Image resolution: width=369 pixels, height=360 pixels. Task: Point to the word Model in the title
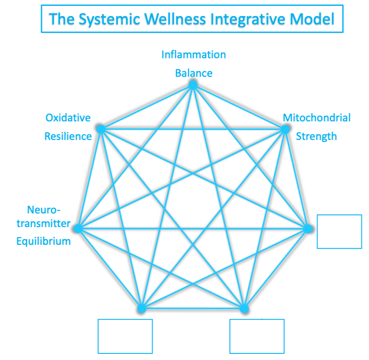point(313,19)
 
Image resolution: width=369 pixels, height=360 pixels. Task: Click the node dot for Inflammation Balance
point(193,85)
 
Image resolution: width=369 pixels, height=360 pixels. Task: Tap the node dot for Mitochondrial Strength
point(285,129)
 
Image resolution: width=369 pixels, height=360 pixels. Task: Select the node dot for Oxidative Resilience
point(100,129)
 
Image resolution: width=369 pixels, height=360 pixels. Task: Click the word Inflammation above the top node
point(193,54)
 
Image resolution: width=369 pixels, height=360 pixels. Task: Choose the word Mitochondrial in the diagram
point(317,118)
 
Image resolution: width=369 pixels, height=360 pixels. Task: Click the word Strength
point(316,136)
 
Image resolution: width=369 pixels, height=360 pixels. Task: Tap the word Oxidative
point(68,118)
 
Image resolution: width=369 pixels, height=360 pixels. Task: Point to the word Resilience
point(68,136)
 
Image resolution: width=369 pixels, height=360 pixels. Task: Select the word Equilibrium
point(43,241)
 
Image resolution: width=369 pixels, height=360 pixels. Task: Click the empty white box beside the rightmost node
point(339,231)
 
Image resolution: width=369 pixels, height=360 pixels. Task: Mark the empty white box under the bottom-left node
point(125,336)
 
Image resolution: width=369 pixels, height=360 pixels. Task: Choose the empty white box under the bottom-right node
point(257,336)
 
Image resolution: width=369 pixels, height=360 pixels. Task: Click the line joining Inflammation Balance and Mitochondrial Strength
point(239,107)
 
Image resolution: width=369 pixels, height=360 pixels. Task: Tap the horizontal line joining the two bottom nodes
point(193,308)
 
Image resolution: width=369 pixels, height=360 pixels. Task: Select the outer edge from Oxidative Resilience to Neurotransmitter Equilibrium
point(89,178)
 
